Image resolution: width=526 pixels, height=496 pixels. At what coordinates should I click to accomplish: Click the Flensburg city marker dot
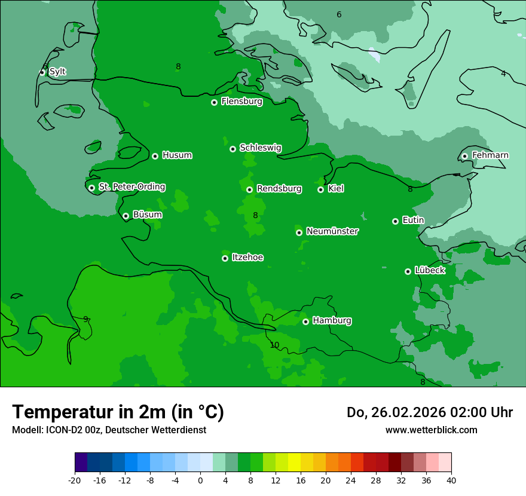(214, 102)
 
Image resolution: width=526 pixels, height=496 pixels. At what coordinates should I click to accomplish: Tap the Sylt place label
(57, 72)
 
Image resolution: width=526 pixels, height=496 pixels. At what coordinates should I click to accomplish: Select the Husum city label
(177, 155)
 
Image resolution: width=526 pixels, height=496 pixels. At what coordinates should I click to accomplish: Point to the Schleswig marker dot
(233, 149)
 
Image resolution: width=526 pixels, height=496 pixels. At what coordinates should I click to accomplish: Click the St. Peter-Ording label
(131, 187)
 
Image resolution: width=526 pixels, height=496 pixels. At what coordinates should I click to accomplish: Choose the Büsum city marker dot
(126, 216)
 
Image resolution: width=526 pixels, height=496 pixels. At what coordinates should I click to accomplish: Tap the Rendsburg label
(279, 189)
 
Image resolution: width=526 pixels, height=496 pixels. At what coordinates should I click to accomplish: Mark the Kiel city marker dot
(320, 189)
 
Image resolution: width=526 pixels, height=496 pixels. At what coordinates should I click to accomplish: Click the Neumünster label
(332, 231)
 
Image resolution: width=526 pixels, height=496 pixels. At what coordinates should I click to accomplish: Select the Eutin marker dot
(395, 221)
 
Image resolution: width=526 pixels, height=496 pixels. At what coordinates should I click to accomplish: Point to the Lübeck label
(429, 270)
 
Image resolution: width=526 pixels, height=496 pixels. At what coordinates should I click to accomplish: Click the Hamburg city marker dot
(305, 322)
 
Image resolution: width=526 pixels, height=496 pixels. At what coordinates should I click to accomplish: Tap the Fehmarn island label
(490, 155)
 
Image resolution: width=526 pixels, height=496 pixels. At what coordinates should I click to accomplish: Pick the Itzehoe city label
(247, 258)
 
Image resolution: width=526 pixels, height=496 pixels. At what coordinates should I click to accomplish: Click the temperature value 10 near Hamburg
(274, 345)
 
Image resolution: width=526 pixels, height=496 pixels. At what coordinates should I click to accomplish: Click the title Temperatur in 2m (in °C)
(118, 412)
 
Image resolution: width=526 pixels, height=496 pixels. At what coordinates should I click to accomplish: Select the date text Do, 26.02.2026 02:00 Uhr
(429, 412)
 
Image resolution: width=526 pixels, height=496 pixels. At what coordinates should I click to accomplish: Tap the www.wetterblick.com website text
(431, 430)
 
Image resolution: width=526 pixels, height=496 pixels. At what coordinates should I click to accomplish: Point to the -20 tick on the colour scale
(75, 480)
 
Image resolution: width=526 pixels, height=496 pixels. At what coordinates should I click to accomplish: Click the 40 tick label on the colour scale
(451, 480)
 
